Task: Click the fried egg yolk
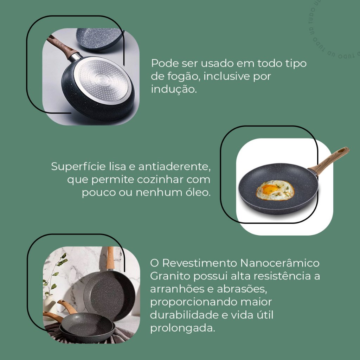point(270,189)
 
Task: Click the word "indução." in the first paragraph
point(174,89)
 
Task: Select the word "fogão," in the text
point(184,76)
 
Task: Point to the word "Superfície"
point(78,167)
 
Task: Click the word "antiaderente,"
point(174,166)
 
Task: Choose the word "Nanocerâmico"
point(279,263)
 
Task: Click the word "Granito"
point(170,276)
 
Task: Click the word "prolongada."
point(182,328)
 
